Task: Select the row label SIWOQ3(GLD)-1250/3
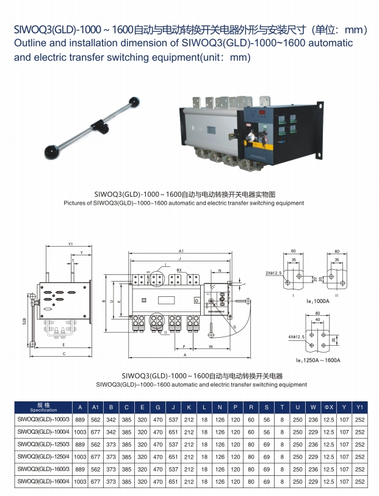pos(43,445)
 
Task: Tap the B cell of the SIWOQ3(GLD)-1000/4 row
pos(111,432)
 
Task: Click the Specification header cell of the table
pos(43,407)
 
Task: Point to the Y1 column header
pos(360,407)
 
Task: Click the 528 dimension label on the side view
pos(24,320)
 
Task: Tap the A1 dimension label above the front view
pos(181,252)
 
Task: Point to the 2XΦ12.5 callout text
pos(274,272)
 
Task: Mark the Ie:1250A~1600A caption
pos(318,360)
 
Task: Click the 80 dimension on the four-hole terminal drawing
pos(318,313)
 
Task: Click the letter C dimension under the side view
pos(64,354)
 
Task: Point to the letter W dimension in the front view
pos(210,346)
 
